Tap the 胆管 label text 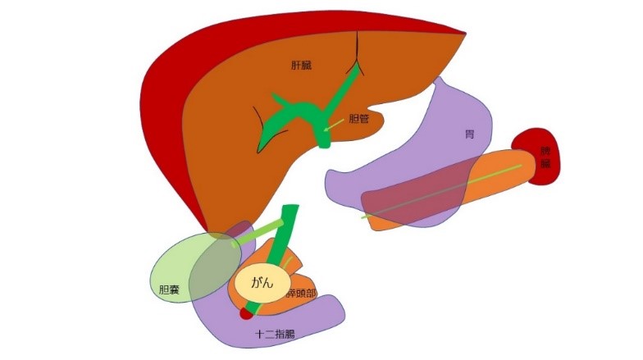[x=358, y=118]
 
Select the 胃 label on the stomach [x=469, y=134]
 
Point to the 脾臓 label [x=545, y=157]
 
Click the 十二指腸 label [x=275, y=335]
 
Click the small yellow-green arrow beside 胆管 [x=334, y=125]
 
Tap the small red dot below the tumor [x=245, y=312]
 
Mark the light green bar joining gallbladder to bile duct [x=258, y=232]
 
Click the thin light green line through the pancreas [x=443, y=192]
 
